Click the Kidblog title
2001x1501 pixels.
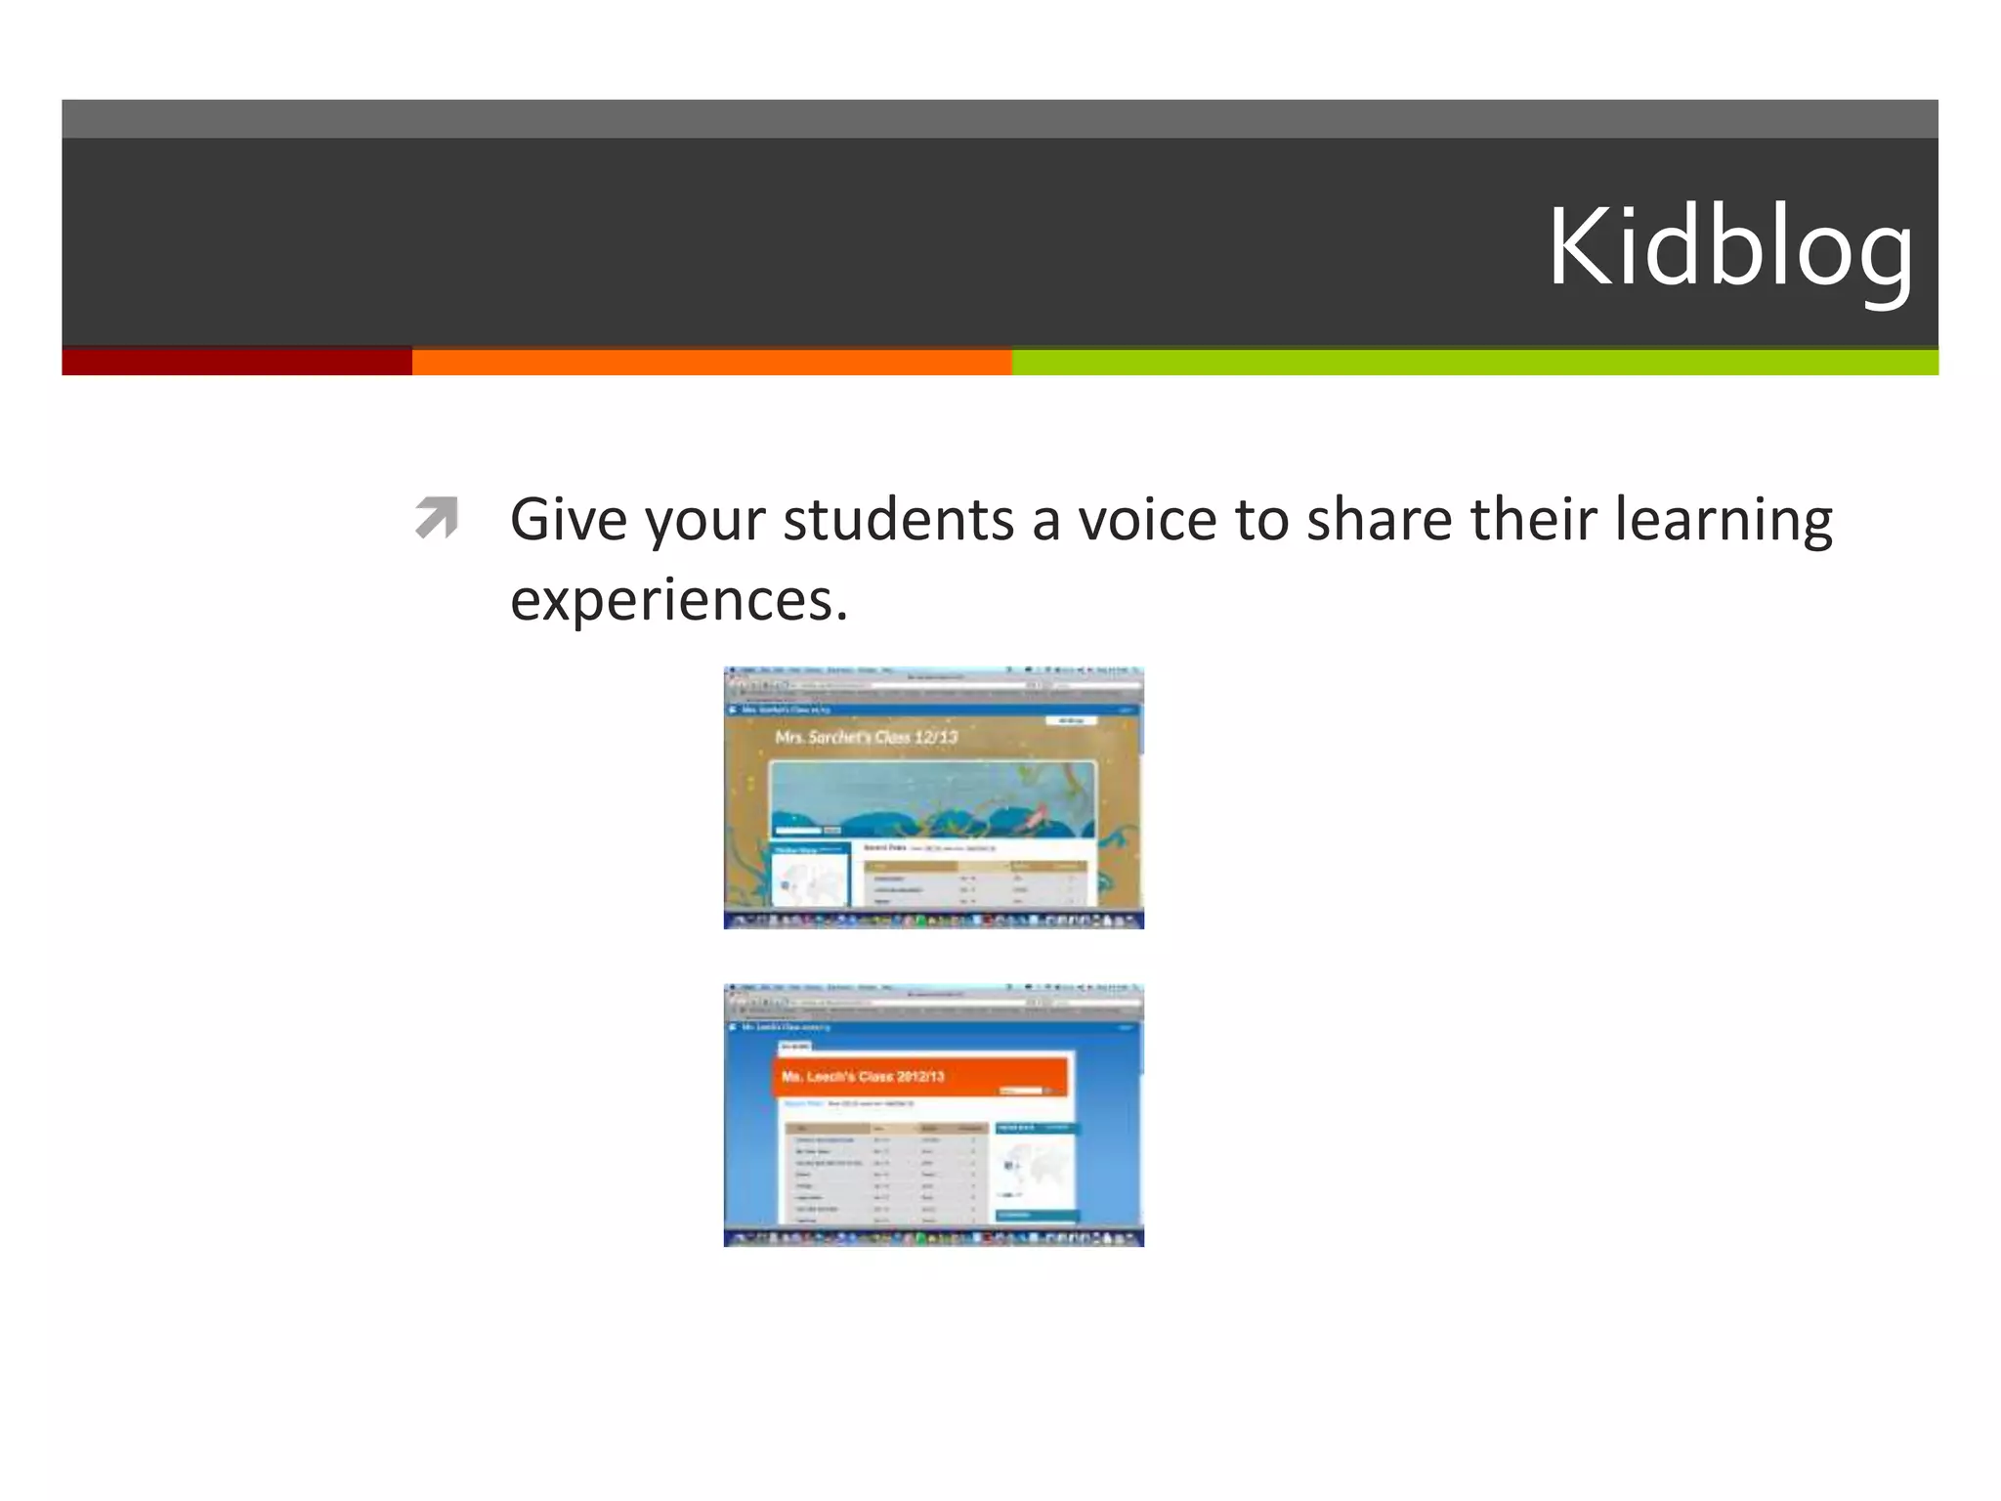pos(1730,248)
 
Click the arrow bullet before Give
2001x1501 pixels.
pos(436,518)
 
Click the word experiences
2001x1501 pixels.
pos(678,599)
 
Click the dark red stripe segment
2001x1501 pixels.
pos(236,362)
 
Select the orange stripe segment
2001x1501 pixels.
pos(711,362)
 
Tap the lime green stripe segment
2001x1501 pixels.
pos(1474,362)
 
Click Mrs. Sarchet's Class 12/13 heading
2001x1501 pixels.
pos(867,737)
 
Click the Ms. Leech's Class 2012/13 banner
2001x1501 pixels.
pos(921,1076)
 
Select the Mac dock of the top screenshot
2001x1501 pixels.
pos(933,920)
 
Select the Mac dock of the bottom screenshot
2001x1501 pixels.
pos(933,1238)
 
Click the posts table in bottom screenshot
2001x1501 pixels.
pos(885,1173)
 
